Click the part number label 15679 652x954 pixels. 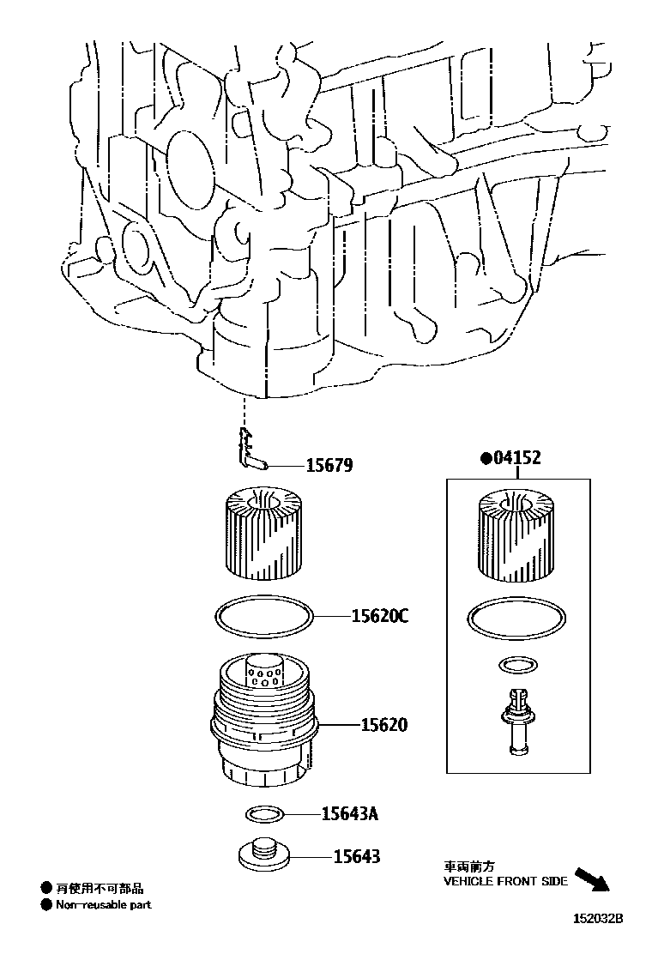point(329,466)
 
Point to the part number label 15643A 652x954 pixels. point(349,813)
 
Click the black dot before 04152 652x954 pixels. point(486,458)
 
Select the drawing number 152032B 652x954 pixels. point(598,918)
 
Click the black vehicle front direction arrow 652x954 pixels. point(590,879)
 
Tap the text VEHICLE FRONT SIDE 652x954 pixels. point(505,881)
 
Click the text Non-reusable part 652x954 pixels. point(104,904)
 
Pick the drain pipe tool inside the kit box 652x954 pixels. point(516,722)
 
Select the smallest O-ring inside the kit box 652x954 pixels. point(516,665)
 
